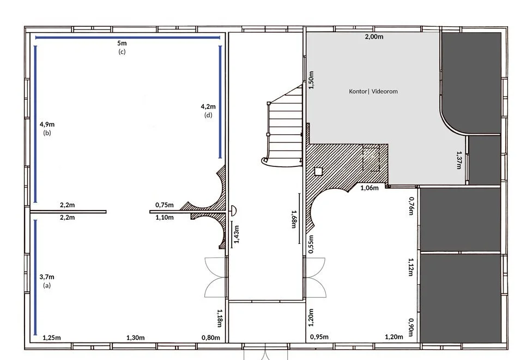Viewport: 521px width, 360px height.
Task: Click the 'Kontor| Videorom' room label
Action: pos(373,92)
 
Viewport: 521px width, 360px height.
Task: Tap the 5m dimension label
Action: pos(122,43)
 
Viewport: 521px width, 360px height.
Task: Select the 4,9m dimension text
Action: pos(47,124)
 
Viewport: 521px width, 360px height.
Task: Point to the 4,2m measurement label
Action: pos(208,107)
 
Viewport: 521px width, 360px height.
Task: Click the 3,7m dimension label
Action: pos(47,277)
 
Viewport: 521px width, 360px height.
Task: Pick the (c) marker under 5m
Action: pos(122,52)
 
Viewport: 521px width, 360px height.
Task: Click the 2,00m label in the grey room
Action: pos(374,37)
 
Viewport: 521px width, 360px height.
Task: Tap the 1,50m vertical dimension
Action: pos(311,80)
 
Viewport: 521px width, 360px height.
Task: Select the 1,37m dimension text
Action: pos(459,160)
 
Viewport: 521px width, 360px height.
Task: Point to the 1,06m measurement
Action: pos(369,188)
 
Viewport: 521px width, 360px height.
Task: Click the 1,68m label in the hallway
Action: pos(294,219)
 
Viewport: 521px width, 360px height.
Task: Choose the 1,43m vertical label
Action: pos(237,235)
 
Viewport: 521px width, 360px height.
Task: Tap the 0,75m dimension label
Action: pos(165,205)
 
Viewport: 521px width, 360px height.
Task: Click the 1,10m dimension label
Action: pos(165,218)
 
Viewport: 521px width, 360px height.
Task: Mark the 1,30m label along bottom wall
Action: pos(136,338)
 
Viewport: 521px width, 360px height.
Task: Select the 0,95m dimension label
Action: pos(319,337)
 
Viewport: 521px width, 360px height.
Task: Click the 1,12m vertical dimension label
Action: pos(411,267)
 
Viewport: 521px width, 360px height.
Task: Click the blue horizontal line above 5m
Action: pos(128,38)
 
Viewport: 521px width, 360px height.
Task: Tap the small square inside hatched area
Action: pos(318,171)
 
